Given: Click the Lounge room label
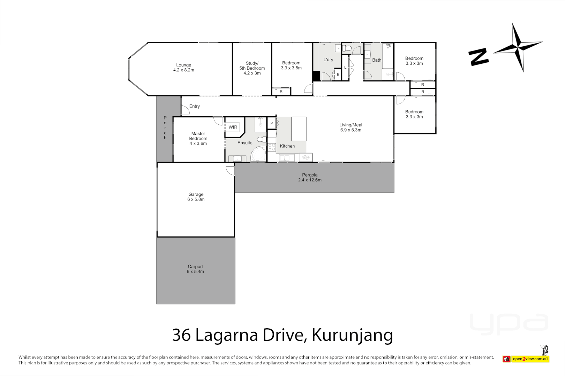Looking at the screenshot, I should (183, 68).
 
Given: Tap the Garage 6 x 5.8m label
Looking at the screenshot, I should (196, 197).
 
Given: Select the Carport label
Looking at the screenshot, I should (195, 269).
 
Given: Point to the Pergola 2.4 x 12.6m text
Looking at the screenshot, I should (310, 178).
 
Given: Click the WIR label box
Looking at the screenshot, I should (233, 127).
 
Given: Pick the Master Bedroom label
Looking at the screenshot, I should (198, 139).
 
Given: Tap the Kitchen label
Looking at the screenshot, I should (287, 146).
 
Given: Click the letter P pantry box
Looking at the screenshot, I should (272, 123).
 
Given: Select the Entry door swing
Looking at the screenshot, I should (185, 110).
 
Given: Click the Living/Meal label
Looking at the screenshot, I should (351, 127).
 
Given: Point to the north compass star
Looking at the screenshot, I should (518, 47).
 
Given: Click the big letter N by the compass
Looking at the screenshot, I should (478, 57).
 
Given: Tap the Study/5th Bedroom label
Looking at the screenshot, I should (252, 68).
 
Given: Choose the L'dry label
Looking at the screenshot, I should (328, 60).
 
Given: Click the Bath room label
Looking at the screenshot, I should (377, 60).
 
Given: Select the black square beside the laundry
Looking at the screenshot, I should (316, 76).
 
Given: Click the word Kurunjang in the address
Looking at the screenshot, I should (352, 335).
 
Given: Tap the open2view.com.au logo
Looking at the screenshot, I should (526, 359).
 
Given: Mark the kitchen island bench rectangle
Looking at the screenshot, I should (299, 128).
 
